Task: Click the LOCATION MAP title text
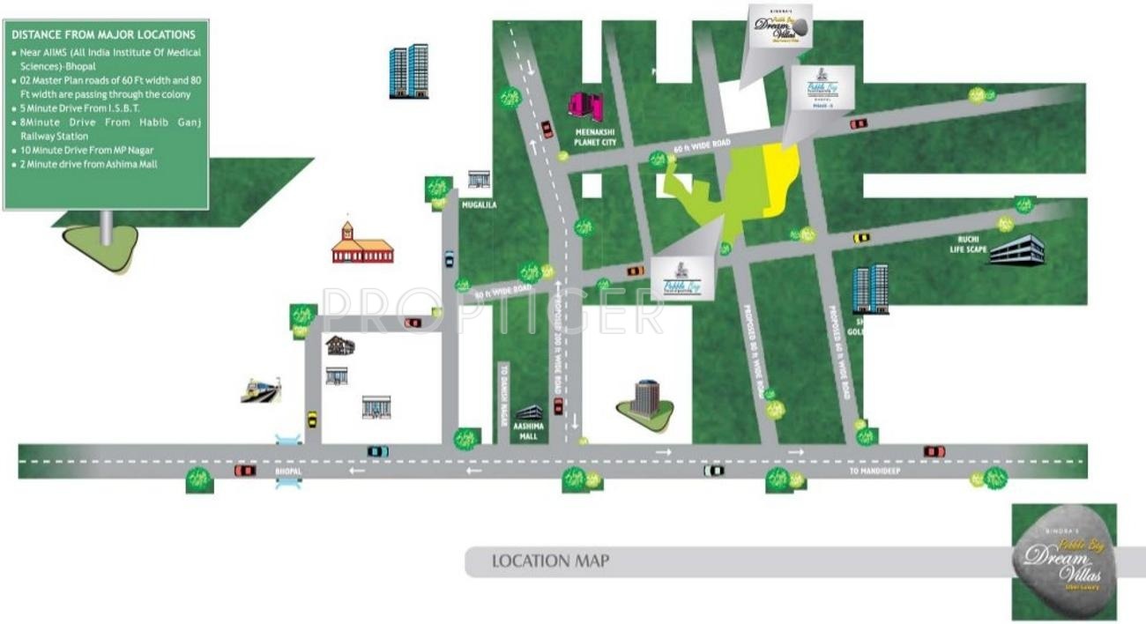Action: tap(550, 561)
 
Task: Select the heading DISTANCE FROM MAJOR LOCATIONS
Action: tap(103, 34)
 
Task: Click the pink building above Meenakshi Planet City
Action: tap(585, 107)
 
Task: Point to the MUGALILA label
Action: tap(480, 204)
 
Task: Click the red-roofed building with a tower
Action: tap(361, 246)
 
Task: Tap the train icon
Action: tap(261, 390)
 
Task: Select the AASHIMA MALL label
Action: tap(529, 430)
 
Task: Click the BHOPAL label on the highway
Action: tap(288, 472)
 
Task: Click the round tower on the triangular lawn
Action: tap(646, 399)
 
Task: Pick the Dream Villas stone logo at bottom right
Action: tap(1063, 561)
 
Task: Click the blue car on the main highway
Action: tap(377, 451)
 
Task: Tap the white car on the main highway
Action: tap(713, 471)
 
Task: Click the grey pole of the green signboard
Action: tap(106, 227)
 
